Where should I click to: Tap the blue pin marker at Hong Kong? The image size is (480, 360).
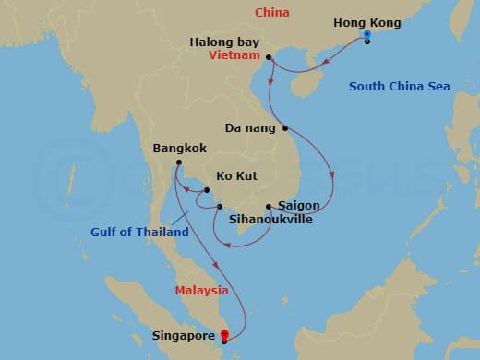(x=367, y=36)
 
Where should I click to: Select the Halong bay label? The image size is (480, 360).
(x=225, y=42)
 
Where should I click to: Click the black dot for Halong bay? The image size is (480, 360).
(x=269, y=57)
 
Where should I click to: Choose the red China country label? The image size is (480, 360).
(x=272, y=12)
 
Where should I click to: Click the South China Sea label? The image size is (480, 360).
(x=400, y=87)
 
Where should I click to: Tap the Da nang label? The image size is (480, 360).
(x=251, y=128)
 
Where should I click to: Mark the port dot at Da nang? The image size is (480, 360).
(x=285, y=128)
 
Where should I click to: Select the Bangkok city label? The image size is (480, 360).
(x=180, y=148)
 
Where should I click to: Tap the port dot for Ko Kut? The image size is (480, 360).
(x=208, y=190)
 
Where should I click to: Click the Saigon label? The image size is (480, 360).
(x=298, y=205)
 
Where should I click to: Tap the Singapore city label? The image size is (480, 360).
(x=185, y=336)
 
